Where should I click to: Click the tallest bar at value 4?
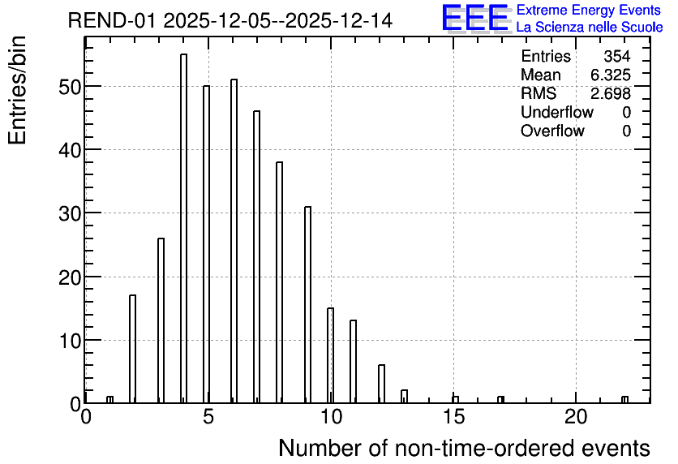tap(184, 228)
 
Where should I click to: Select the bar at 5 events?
tap(206, 244)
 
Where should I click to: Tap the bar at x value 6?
tap(234, 241)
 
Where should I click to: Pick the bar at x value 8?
tap(279, 282)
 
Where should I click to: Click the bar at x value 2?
tap(133, 349)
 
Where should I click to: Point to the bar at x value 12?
tap(381, 384)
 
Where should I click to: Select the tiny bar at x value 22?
tap(624, 400)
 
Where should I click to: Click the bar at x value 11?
tap(354, 362)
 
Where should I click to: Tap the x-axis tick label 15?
tap(453, 417)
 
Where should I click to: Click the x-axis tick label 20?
tap(576, 417)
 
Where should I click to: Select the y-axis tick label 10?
tap(70, 342)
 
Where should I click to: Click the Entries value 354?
tap(617, 56)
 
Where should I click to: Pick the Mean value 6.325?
tap(611, 75)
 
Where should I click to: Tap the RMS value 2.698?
tap(611, 93)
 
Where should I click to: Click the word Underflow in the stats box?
tap(557, 112)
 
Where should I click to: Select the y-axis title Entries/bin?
tap(17, 90)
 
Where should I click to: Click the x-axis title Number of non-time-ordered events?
tap(464, 448)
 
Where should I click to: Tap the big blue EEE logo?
tap(475, 18)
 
